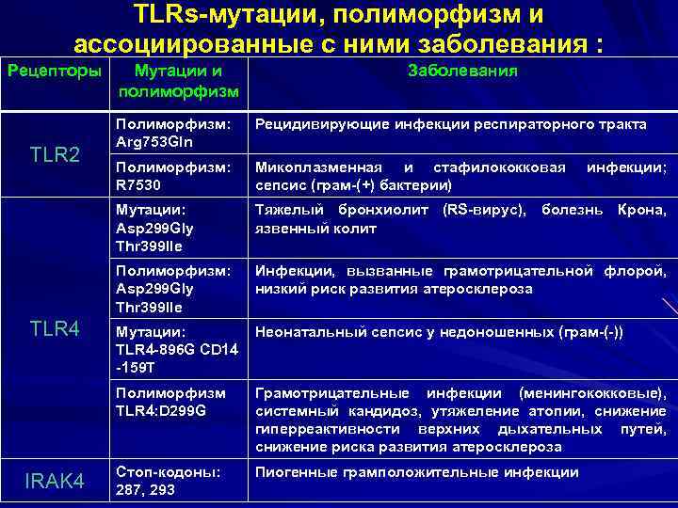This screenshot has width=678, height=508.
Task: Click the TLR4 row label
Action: click(x=55, y=328)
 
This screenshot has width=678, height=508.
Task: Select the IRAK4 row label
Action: click(x=55, y=483)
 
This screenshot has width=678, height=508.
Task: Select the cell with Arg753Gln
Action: click(x=173, y=133)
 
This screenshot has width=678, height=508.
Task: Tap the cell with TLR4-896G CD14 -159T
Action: click(x=174, y=349)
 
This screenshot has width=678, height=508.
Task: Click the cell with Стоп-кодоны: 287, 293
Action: click(x=169, y=481)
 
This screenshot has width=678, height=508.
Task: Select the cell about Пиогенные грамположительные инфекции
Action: click(x=417, y=472)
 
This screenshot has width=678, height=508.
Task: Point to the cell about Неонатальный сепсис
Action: click(x=439, y=332)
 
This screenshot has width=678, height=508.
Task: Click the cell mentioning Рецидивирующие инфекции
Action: click(x=451, y=124)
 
